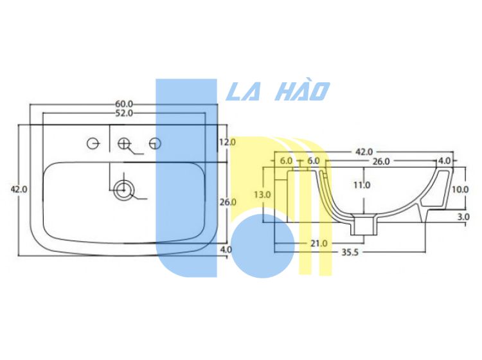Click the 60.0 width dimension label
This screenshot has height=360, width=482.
click(124, 104)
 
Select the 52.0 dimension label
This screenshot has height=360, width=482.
click(124, 113)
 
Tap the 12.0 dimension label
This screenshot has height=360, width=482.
click(228, 142)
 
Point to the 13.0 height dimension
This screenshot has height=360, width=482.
click(262, 195)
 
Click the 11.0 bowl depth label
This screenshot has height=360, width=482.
click(362, 185)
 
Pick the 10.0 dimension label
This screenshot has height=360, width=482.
click(460, 190)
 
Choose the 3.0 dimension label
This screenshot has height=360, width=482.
click(463, 217)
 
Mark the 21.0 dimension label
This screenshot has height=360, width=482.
click(319, 244)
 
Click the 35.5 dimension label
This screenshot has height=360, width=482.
click(350, 253)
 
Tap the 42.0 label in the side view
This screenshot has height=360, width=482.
click(364, 152)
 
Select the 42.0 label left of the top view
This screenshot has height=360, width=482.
click(19, 190)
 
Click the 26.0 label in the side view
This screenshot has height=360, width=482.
click(381, 161)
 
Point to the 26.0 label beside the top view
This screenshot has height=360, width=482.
click(228, 202)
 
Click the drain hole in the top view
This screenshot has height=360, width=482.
click(124, 190)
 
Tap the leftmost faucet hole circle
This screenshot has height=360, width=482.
click(93, 143)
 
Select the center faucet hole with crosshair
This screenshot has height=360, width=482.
click(124, 143)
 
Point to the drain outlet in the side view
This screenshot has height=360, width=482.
click(364, 226)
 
